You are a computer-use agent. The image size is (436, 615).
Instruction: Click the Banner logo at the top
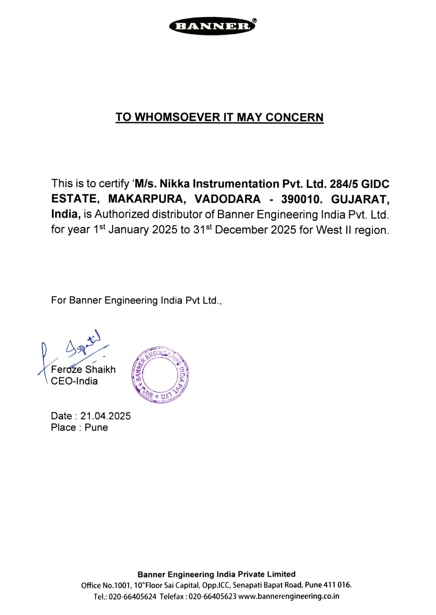coord(213,26)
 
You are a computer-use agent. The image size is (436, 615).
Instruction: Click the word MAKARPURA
coord(146,199)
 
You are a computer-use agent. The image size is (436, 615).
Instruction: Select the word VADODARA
coord(227,199)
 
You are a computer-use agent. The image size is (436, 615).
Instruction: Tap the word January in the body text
coord(129,230)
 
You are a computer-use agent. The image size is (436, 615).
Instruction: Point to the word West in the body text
coord(329,230)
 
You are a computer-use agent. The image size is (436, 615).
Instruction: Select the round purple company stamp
coord(160,374)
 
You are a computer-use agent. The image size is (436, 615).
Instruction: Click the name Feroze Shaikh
coord(83,369)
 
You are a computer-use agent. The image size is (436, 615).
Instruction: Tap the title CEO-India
coord(74,381)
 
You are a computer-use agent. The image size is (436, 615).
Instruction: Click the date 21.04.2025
coord(106,416)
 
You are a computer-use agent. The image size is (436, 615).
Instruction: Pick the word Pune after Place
coord(96,427)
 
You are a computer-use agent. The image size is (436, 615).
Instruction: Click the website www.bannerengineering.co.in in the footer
coord(289,596)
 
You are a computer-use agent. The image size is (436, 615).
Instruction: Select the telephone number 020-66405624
coord(132,596)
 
